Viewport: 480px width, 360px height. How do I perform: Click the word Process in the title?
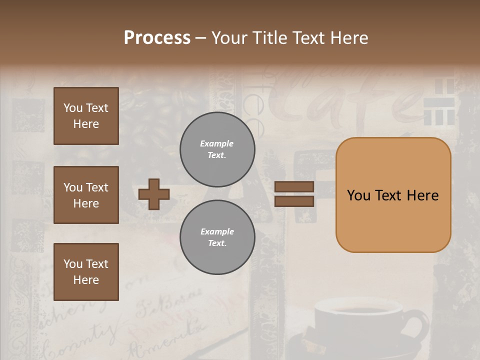(x=157, y=38)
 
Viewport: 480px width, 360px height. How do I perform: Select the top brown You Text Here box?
(x=86, y=116)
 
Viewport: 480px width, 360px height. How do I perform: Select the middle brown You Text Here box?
(x=86, y=195)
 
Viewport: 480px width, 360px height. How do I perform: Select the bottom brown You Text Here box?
(x=86, y=271)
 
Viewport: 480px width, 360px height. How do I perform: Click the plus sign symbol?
(x=154, y=194)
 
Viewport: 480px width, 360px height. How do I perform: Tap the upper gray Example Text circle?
(x=217, y=149)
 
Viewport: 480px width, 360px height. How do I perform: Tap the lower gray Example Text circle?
(x=217, y=237)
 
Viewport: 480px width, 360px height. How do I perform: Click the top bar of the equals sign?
(x=294, y=186)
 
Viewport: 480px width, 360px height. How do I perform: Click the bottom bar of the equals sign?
(x=294, y=201)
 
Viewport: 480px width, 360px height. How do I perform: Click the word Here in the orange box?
(x=422, y=195)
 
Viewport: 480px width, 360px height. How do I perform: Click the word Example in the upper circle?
(x=216, y=143)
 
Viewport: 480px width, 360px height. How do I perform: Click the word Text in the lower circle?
(x=216, y=243)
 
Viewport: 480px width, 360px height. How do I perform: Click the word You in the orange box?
(x=358, y=195)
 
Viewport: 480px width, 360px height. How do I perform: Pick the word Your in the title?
(x=229, y=38)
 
